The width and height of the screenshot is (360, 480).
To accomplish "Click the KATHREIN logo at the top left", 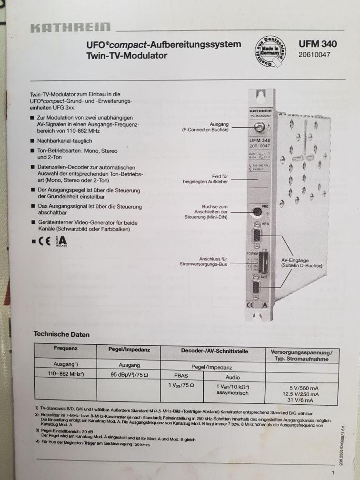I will point(70,28).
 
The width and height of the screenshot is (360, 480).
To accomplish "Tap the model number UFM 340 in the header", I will point(318,44).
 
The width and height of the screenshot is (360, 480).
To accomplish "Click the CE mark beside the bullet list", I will point(45,240).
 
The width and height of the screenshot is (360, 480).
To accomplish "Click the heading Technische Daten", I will point(61,334).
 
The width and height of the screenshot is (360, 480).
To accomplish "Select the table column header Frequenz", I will point(66,349).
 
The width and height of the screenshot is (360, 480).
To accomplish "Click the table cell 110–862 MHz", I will point(66,374).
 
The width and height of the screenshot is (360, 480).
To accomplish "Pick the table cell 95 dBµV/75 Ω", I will point(130,375).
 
